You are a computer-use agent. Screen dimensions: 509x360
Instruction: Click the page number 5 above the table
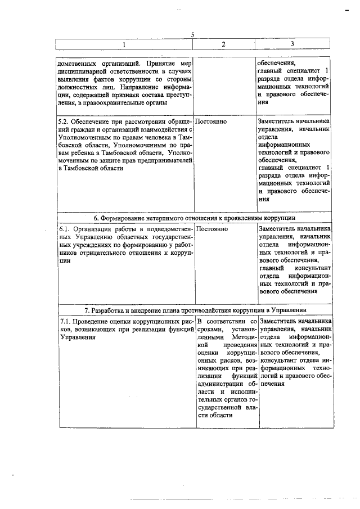click(193, 35)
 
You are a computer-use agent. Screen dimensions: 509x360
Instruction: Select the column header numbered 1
click(125, 44)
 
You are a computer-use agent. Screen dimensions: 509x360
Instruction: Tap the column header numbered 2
click(223, 44)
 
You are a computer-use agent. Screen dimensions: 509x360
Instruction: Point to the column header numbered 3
click(292, 44)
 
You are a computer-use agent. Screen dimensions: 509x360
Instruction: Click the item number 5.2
click(65, 121)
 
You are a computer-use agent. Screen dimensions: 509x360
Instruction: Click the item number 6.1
click(65, 229)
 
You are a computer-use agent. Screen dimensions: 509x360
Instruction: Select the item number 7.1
click(65, 321)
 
